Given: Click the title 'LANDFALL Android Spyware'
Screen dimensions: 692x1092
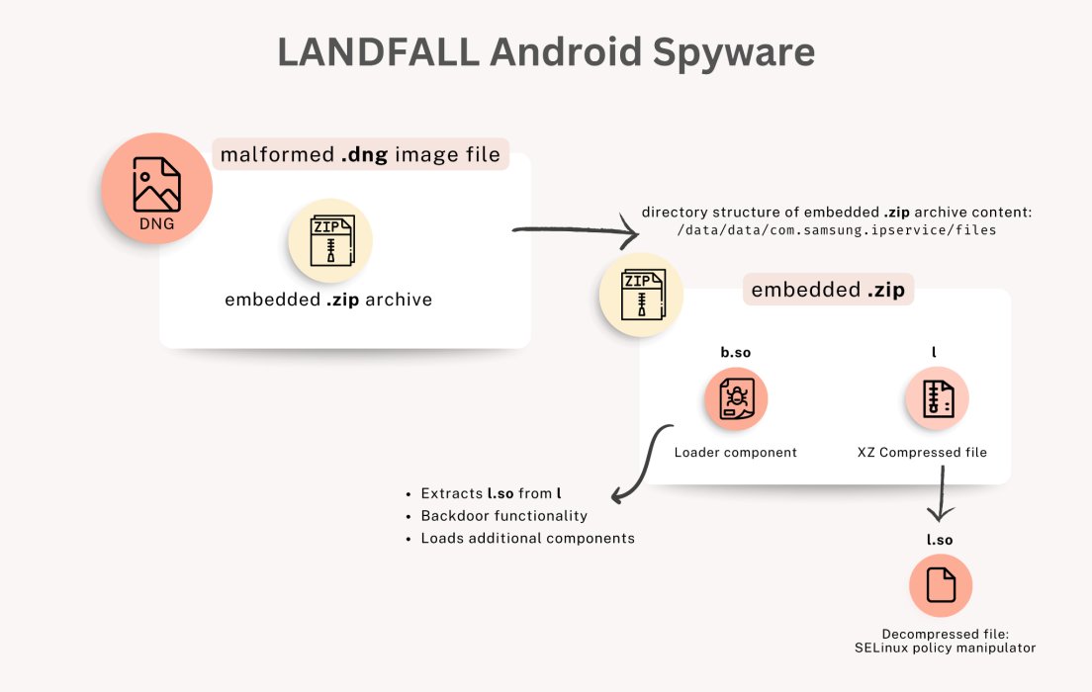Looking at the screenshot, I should pos(546,53).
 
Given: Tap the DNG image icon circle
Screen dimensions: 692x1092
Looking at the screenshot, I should pos(156,190).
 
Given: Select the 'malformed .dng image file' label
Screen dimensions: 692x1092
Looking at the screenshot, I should pos(361,155).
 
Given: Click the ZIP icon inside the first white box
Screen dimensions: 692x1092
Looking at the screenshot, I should pos(330,240).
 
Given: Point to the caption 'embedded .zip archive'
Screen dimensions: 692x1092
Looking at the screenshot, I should pos(328,300).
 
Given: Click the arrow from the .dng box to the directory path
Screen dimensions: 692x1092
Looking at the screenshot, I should pos(574,234).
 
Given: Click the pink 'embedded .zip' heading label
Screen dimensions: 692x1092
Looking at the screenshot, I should pos(828,291).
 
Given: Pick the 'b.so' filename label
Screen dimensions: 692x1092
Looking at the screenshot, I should pos(735,353).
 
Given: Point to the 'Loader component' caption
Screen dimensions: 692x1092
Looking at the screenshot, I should pos(735,453).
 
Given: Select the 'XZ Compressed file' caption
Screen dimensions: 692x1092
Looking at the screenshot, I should pos(922,453).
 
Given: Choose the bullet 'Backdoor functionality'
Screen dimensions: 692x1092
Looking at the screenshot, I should pos(503,516).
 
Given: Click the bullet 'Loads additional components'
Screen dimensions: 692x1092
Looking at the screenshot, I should pos(527,539).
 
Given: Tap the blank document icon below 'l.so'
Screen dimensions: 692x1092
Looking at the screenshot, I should pos(941,586).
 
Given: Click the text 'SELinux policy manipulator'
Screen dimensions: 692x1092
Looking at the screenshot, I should pos(944,649).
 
